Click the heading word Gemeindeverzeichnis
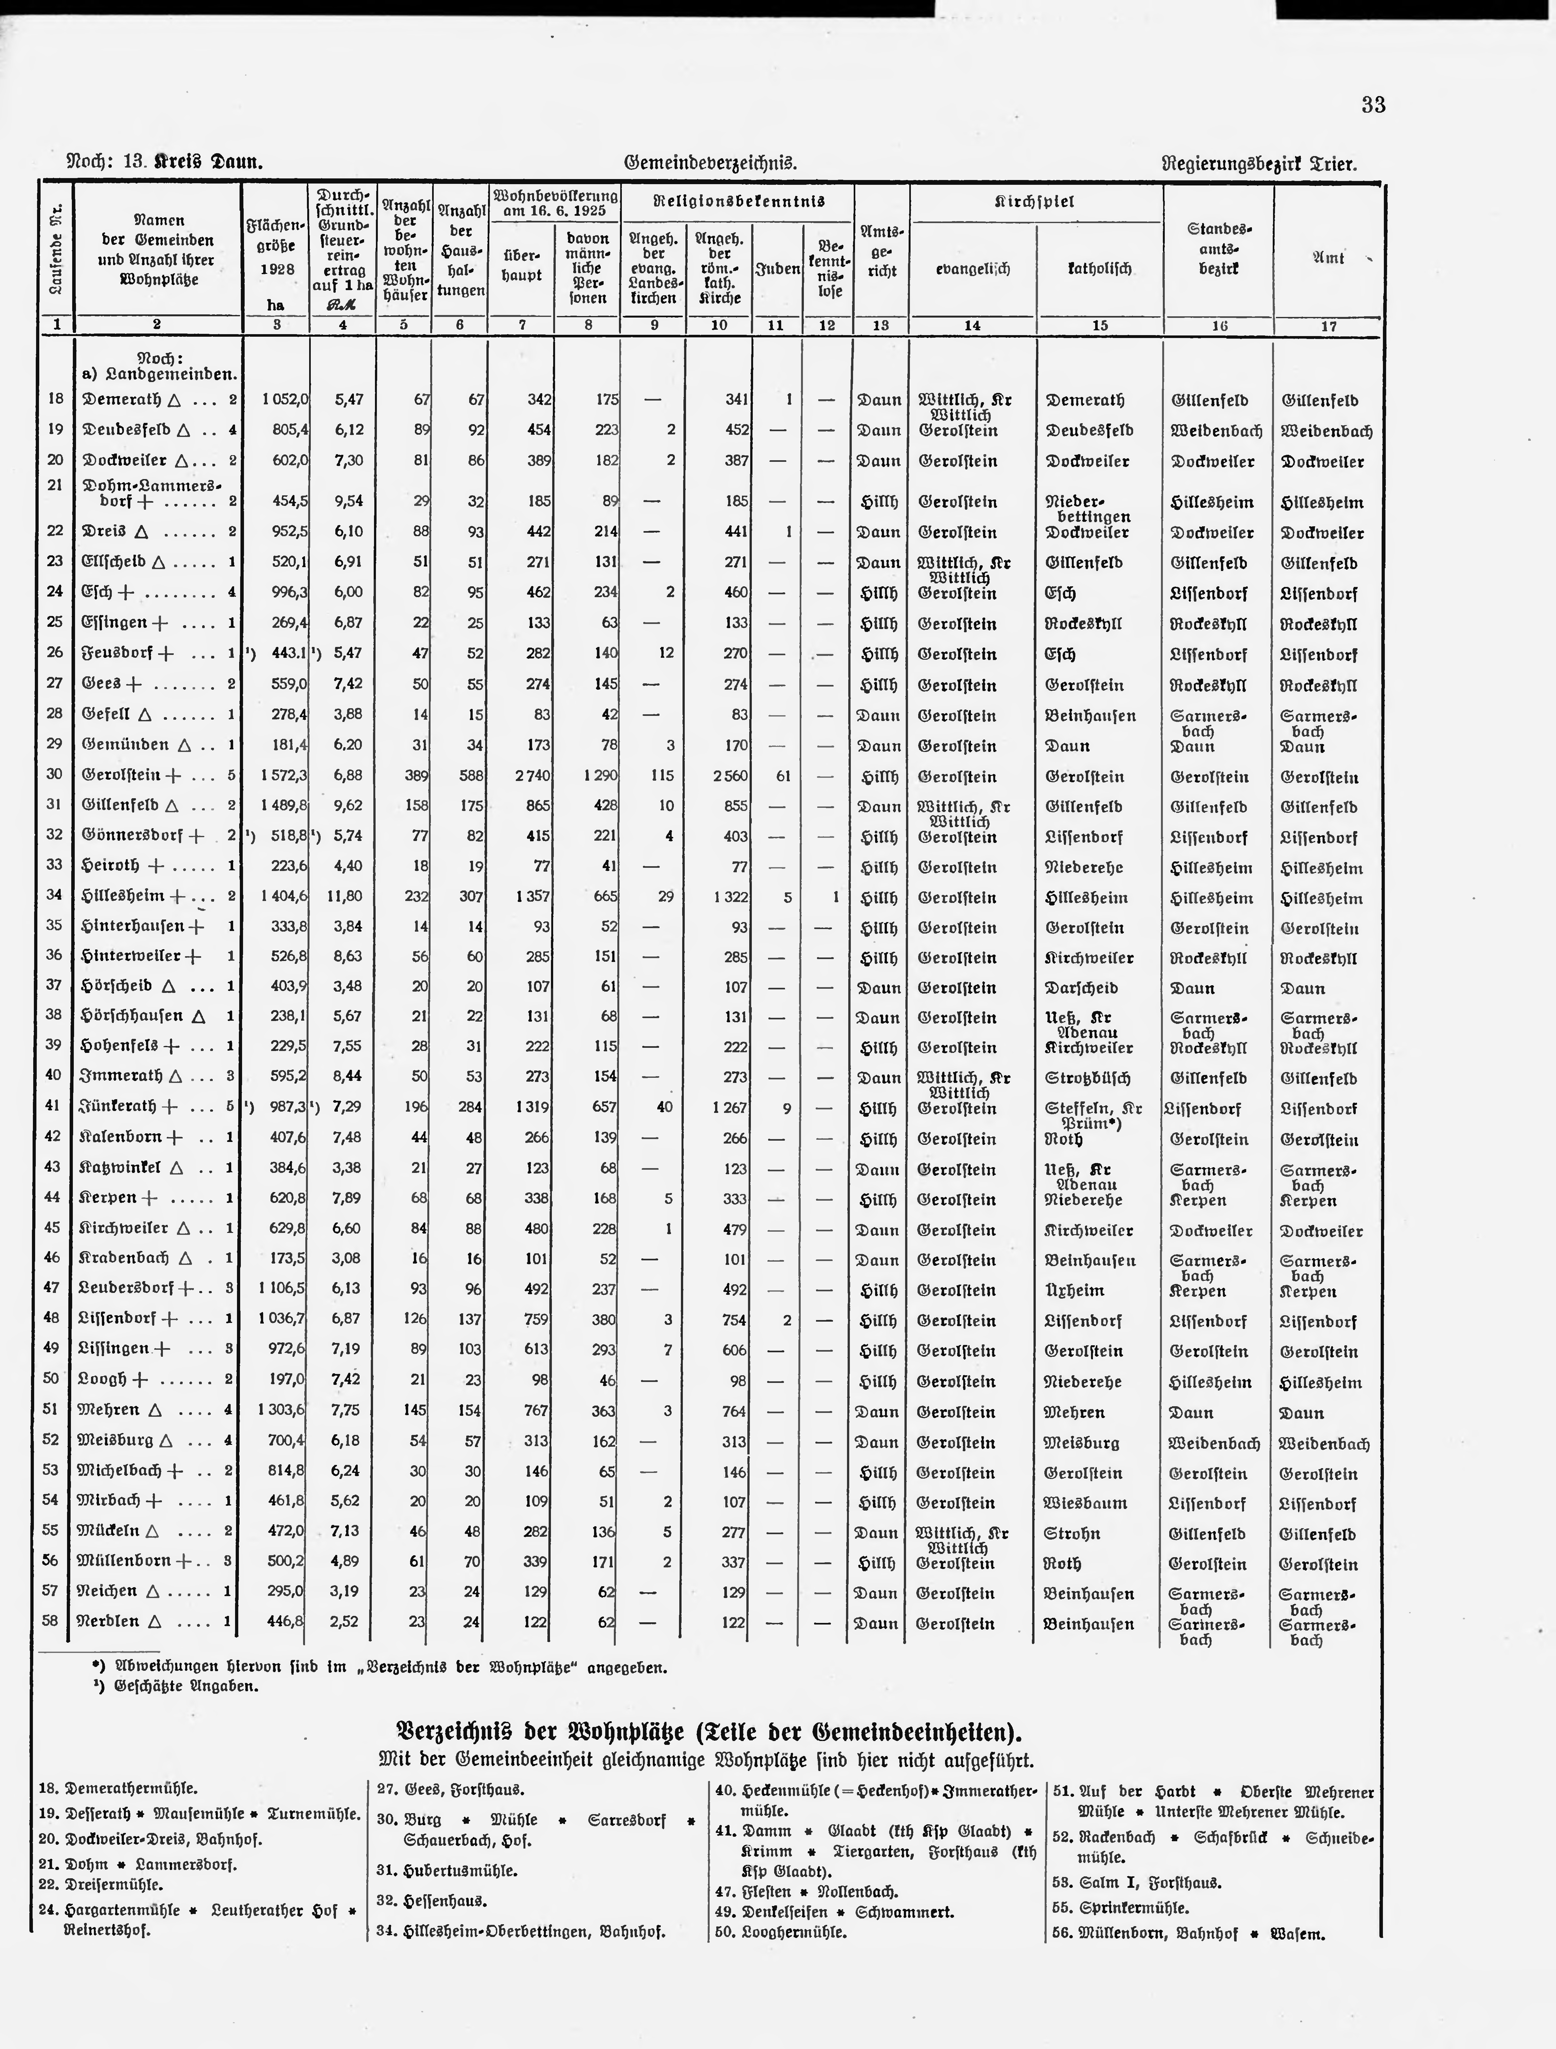point(711,163)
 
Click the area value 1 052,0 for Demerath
point(284,399)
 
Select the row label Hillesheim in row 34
point(124,896)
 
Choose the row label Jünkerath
point(121,1107)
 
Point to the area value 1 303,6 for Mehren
point(284,1411)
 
